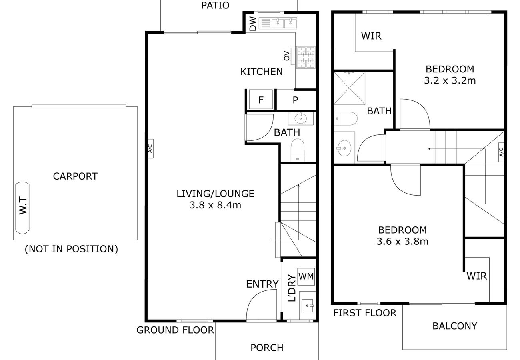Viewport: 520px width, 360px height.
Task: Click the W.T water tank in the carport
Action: click(22, 208)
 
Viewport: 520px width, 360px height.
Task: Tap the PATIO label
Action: click(215, 5)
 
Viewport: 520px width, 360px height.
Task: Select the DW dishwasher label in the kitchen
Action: click(253, 24)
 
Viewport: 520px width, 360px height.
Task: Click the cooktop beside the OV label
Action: click(306, 58)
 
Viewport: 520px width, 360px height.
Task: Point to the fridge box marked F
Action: click(261, 100)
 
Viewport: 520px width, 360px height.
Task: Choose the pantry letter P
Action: click(295, 100)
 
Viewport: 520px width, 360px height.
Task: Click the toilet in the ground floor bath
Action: click(298, 150)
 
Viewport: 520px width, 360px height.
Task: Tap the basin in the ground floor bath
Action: click(301, 119)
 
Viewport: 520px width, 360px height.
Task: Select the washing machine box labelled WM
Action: click(306, 277)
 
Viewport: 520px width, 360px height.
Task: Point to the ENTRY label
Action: click(262, 284)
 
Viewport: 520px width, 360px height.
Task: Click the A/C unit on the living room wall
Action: click(150, 148)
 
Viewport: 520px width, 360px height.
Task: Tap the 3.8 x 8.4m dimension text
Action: click(215, 205)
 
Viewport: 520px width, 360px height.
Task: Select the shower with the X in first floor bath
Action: click(349, 88)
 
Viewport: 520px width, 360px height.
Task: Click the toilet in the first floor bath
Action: click(346, 118)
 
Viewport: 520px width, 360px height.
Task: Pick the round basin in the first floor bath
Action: click(344, 148)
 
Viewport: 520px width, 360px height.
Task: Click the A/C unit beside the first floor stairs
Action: click(501, 152)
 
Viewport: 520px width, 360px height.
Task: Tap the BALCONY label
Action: click(454, 326)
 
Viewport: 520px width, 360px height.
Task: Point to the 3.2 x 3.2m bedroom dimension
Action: click(450, 81)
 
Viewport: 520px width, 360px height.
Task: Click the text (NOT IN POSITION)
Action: click(71, 249)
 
